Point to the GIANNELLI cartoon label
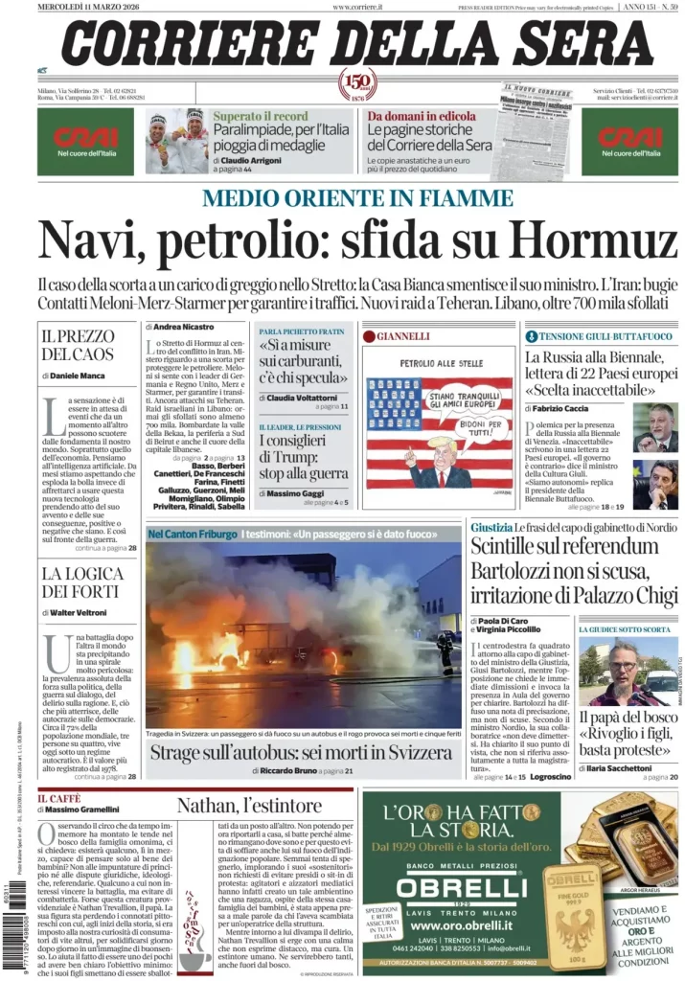click(402, 336)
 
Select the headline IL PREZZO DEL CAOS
click(80, 346)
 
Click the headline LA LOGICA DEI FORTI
click(80, 582)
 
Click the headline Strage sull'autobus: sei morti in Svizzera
click(306, 752)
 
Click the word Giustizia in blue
click(491, 528)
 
